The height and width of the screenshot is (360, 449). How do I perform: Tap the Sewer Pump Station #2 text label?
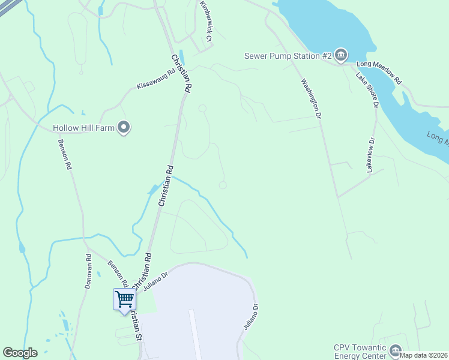(x=288, y=56)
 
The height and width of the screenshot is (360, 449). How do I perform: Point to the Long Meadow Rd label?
(x=379, y=67)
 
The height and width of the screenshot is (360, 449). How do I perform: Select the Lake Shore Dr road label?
(x=367, y=90)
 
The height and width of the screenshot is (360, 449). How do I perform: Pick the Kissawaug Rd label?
(x=155, y=79)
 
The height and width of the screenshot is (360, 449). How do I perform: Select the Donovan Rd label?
(x=88, y=272)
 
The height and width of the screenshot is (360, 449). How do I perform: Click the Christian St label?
(x=137, y=326)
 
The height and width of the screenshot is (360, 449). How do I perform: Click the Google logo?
(x=20, y=353)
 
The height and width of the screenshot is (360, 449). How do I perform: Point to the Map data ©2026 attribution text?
(x=424, y=355)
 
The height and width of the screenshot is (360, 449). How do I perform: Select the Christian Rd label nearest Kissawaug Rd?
(x=181, y=73)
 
